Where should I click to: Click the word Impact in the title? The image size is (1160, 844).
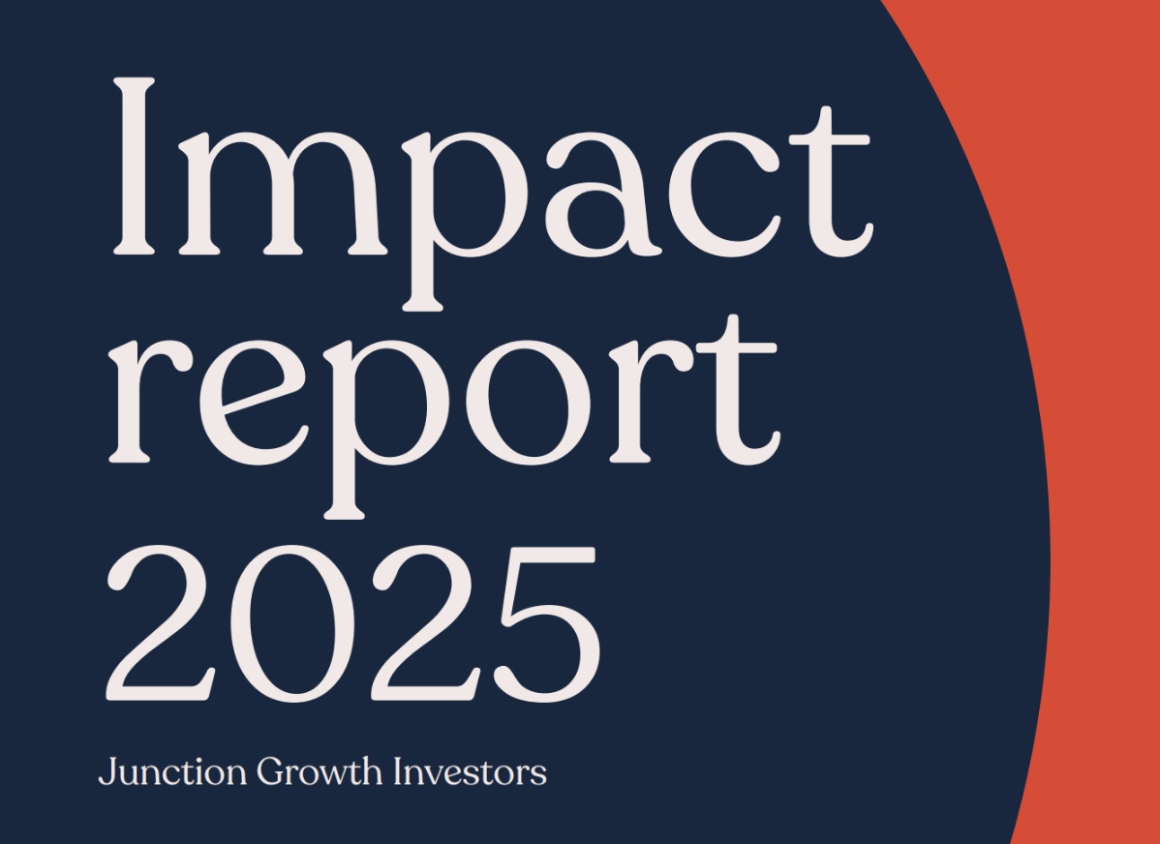[494, 194]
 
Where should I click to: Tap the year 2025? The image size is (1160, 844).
[352, 623]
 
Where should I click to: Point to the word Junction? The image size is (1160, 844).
[172, 771]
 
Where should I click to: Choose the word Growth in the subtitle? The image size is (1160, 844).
[320, 771]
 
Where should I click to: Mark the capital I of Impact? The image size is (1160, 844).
[134, 166]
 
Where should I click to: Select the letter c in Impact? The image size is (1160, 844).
[725, 194]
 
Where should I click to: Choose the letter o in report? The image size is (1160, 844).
[529, 403]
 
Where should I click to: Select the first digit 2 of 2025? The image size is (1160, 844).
[162, 623]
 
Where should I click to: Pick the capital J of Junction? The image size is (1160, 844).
[107, 771]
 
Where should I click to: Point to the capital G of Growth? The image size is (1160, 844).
[272, 770]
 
